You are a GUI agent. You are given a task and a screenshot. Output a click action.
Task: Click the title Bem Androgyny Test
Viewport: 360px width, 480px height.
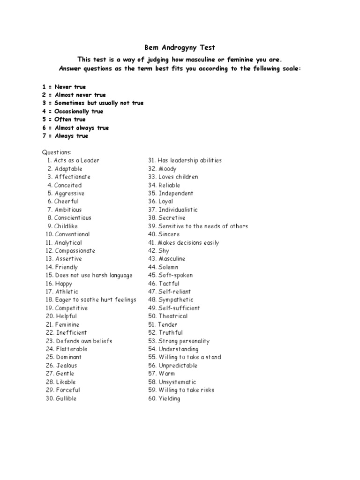point(180,47)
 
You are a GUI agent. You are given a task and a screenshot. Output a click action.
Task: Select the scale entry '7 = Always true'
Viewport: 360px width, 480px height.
point(65,136)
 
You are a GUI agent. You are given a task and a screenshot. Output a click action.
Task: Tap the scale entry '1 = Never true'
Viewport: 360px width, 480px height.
point(64,87)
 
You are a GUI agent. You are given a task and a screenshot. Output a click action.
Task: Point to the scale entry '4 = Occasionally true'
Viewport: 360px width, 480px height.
point(73,112)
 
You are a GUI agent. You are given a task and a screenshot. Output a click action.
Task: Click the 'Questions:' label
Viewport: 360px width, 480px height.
point(57,152)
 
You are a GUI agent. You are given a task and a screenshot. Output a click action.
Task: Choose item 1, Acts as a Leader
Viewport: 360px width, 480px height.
point(73,160)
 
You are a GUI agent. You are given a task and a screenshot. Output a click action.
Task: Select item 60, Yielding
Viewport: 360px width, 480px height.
point(164,398)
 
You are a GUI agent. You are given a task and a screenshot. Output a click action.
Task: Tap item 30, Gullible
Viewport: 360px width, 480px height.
point(61,398)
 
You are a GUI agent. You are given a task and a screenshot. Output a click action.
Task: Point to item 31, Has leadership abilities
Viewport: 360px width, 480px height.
point(185,160)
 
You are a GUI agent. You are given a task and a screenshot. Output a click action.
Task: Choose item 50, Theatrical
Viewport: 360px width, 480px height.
point(168,316)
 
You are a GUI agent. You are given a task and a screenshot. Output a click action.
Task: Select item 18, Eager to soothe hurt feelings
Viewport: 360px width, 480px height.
point(90,300)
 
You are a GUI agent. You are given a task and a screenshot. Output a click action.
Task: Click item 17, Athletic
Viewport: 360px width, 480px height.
point(62,292)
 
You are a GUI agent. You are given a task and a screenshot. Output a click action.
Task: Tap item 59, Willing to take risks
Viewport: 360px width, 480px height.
point(181,390)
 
